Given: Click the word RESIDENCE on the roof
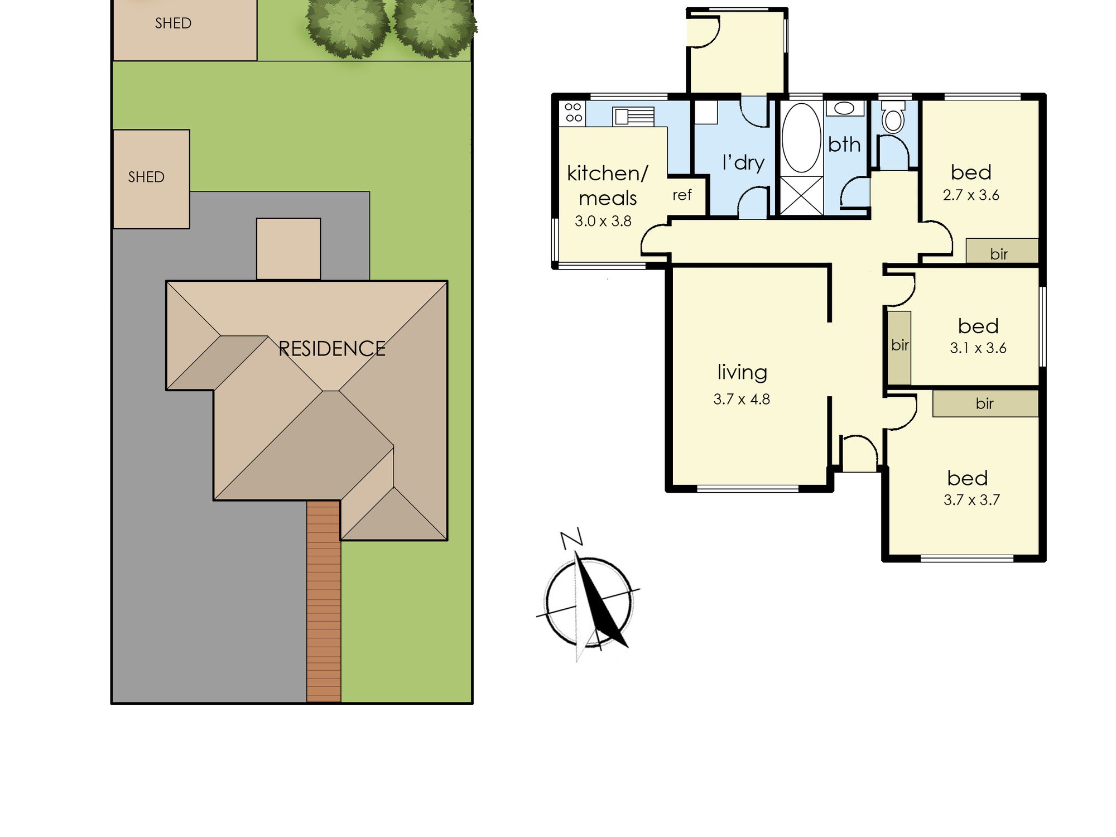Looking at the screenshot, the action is point(332,349).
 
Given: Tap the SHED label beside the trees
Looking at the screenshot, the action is point(173,23).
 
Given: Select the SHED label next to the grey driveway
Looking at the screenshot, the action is point(146,177).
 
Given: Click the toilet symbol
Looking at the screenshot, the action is point(893,116).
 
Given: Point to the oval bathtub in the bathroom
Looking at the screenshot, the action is point(801,138).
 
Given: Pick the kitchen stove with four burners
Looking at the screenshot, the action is point(573,112).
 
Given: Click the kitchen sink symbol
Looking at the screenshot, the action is point(633,117).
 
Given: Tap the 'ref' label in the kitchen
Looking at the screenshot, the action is point(682,195).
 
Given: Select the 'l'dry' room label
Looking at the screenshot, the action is point(743,162).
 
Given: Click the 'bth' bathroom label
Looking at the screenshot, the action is point(844,145).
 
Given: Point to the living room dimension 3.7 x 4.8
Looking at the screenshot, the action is point(742,399).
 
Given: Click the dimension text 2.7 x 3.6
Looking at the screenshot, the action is point(971,195).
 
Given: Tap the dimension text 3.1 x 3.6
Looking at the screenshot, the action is point(978,348).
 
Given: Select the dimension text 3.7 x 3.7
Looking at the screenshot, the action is point(971,499).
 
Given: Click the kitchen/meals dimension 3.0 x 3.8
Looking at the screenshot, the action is point(603,221).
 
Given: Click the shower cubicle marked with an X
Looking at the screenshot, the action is point(801,195).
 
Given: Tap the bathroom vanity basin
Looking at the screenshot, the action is point(844,108).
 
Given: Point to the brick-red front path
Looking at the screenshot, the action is point(324,601).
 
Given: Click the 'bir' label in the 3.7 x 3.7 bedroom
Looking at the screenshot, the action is point(985,403).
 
